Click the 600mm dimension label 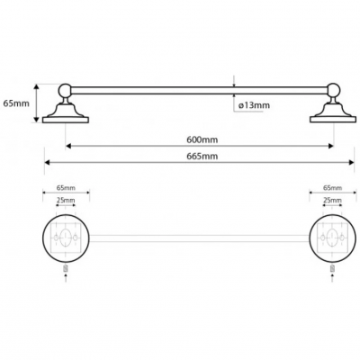pyautogui.click(x=202, y=139)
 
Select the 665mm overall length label pyautogui.click(x=202, y=156)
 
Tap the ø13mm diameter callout pyautogui.click(x=254, y=105)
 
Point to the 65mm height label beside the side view pyautogui.click(x=16, y=103)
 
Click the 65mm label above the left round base pyautogui.click(x=66, y=188)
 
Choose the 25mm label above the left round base pyautogui.click(x=66, y=200)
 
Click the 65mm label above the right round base pyautogui.click(x=332, y=188)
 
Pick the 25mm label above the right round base pyautogui.click(x=332, y=200)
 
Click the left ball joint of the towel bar pyautogui.click(x=65, y=90)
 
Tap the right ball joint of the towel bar pyautogui.click(x=334, y=90)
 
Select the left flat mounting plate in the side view pyautogui.click(x=66, y=120)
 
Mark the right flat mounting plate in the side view pyautogui.click(x=333, y=120)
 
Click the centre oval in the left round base pyautogui.click(x=66, y=238)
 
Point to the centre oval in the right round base pyautogui.click(x=332, y=238)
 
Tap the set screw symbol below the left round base pyautogui.click(x=66, y=268)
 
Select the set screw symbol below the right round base pyautogui.click(x=332, y=268)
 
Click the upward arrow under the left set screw pyautogui.click(x=66, y=277)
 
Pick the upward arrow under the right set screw pyautogui.click(x=332, y=277)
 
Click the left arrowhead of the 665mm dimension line pyautogui.click(x=48, y=162)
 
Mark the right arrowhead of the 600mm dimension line pyautogui.click(x=330, y=146)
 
